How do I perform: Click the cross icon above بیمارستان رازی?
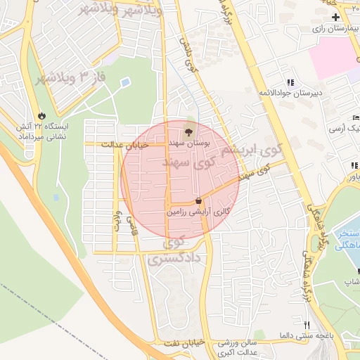click(x=335, y=17)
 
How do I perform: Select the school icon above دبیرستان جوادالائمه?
click(x=290, y=82)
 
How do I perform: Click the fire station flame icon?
click(x=41, y=115)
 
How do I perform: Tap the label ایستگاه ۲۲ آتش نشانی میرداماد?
click(x=41, y=131)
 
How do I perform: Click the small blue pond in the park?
click(x=125, y=83)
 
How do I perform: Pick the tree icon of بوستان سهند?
click(x=188, y=131)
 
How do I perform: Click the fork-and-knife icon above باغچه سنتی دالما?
click(x=306, y=325)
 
